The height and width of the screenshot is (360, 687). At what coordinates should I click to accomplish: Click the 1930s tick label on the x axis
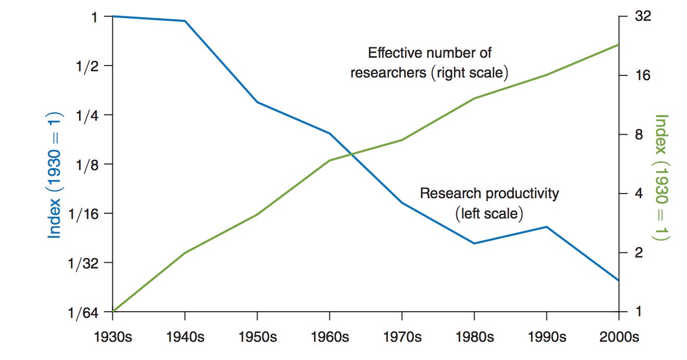click(x=113, y=337)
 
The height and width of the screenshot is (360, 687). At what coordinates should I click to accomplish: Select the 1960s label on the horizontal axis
click(x=329, y=337)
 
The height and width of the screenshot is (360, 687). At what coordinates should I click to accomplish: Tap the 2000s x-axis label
click(x=618, y=337)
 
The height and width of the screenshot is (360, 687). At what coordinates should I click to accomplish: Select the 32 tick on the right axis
click(x=643, y=17)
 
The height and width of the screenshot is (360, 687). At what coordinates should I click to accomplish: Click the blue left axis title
click(x=55, y=175)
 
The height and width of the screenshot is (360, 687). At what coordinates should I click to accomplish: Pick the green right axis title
click(x=661, y=177)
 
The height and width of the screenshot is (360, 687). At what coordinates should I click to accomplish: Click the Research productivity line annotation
click(x=489, y=203)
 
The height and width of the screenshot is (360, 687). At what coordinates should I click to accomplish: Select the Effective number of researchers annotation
click(x=429, y=62)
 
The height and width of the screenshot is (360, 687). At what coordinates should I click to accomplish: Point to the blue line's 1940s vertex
click(x=185, y=21)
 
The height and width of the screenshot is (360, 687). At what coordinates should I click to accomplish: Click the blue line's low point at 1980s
click(x=474, y=243)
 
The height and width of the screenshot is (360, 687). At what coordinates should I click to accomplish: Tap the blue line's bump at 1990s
click(x=546, y=227)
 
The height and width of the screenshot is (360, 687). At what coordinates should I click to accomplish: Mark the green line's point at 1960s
click(x=329, y=160)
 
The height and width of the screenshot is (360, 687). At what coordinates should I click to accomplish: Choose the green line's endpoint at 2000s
click(x=618, y=45)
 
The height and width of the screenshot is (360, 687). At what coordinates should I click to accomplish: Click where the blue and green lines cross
click(x=352, y=154)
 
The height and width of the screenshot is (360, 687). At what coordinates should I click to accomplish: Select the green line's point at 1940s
click(x=185, y=253)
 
